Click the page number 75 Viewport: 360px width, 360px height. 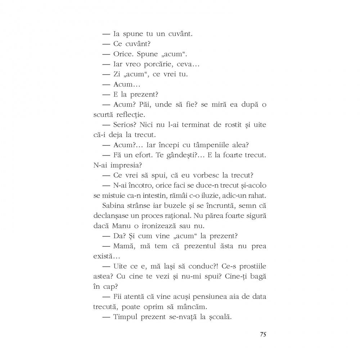click(263, 334)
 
